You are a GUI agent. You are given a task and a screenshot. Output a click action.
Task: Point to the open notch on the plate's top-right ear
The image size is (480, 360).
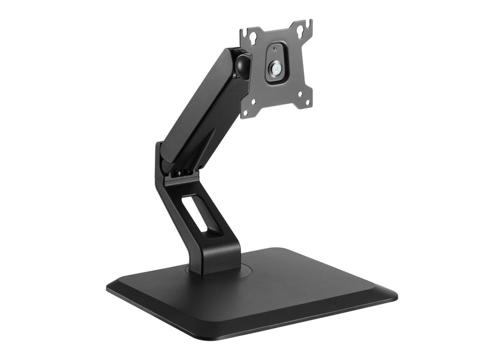pyautogui.click(x=310, y=25)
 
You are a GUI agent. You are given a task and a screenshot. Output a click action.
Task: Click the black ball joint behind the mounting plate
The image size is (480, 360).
pyautogui.click(x=242, y=65)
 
